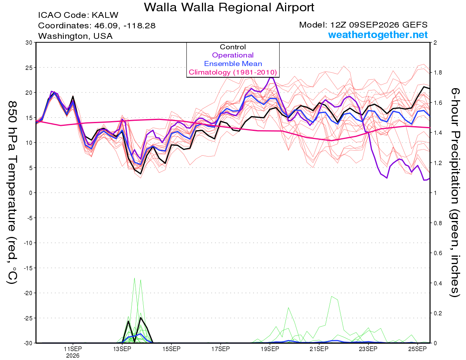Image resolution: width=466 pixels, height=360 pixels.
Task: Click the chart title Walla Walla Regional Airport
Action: point(229,7)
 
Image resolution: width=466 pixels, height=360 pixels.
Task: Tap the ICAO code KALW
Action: point(105,15)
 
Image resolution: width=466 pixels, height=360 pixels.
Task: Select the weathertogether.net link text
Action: point(378,35)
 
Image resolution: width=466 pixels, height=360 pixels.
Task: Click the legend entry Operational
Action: point(233,55)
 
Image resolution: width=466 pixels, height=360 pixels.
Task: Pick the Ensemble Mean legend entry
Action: point(233,63)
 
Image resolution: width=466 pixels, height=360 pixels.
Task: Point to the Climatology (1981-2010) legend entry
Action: point(233,72)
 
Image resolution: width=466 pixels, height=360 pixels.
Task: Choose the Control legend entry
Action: point(233,47)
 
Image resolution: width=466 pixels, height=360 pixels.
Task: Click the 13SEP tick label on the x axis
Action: point(122,349)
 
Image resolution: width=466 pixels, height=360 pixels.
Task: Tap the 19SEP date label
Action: point(270,349)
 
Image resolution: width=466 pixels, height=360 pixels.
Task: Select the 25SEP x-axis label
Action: point(417,349)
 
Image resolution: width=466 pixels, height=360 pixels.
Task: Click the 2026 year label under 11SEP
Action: point(73,356)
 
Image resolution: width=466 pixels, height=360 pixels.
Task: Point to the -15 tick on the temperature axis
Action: point(28,268)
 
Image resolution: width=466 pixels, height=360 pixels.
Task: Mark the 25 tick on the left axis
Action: point(29,68)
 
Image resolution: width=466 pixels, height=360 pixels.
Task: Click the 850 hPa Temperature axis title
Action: point(12,193)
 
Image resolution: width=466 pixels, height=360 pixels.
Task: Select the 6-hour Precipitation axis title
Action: point(455,192)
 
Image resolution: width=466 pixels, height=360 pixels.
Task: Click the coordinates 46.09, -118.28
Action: point(125,26)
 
